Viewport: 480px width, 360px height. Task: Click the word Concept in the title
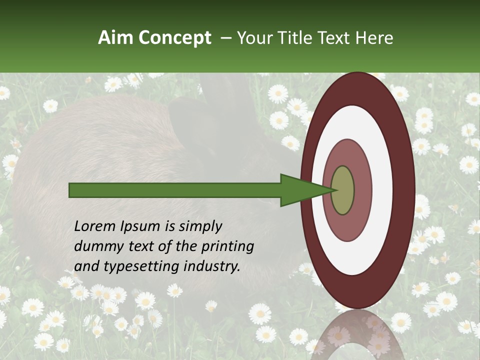pos(174,38)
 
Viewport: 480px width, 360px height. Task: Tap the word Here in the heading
pos(374,38)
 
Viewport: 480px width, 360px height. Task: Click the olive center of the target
pos(342,190)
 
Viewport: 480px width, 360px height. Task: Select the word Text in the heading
pos(336,38)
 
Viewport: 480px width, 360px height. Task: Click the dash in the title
pos(225,38)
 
